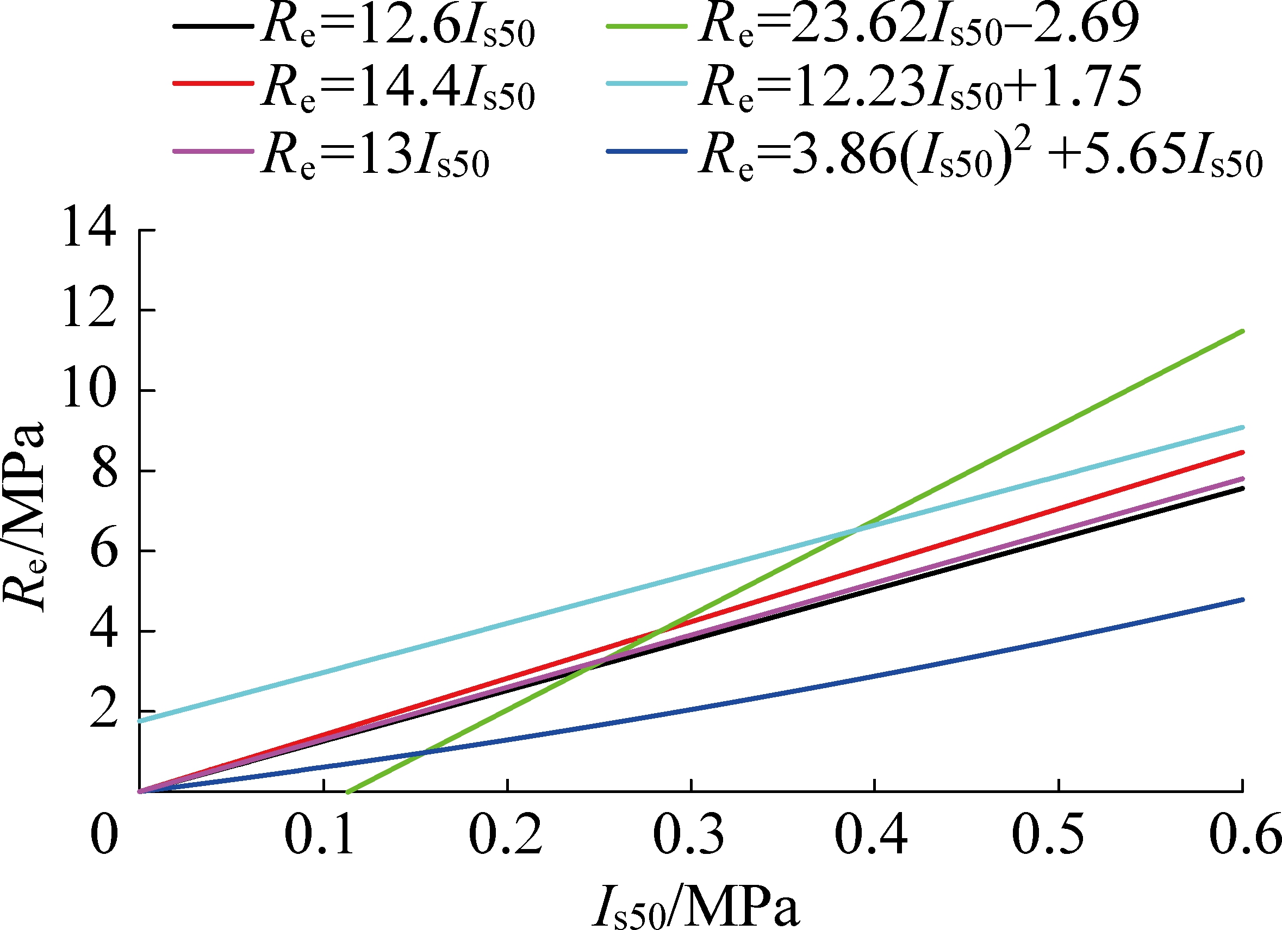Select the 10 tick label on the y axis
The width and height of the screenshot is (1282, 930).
click(89, 390)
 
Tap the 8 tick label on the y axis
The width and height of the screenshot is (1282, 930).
click(104, 471)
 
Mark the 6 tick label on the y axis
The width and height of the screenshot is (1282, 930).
click(104, 551)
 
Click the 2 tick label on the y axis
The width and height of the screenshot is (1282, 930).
click(104, 711)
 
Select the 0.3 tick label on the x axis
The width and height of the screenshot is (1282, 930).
click(688, 834)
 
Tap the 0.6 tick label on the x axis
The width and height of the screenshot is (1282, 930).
click(1243, 834)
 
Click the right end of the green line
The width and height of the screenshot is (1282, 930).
click(1242, 331)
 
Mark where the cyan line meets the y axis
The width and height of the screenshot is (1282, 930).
click(140, 721)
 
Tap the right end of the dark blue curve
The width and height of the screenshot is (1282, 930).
click(1242, 600)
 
